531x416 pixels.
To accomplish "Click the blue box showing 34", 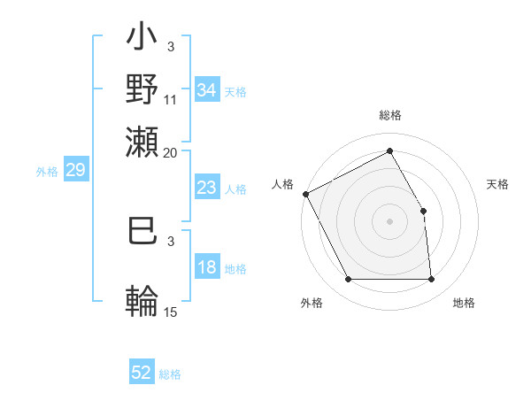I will (207, 89).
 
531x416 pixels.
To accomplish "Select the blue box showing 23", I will (207, 188).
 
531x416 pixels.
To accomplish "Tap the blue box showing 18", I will (207, 268).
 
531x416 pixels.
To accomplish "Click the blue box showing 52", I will (142, 373).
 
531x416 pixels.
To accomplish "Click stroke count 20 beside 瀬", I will (171, 152).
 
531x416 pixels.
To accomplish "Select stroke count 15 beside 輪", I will (171, 312).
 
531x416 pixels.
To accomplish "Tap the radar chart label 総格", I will (390, 115).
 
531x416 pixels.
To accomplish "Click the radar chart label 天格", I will (497, 184).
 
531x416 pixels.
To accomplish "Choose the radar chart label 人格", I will (283, 184).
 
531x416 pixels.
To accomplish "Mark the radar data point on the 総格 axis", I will (390, 151).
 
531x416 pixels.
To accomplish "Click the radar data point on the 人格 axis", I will (305, 194).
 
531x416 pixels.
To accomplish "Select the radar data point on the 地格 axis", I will (432, 280).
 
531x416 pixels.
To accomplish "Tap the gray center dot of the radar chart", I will (390, 221).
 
